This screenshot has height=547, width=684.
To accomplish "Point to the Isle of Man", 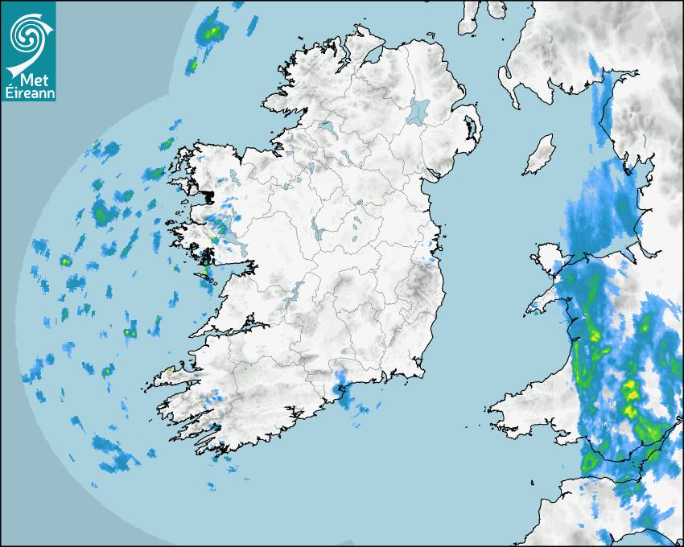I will click(x=540, y=154).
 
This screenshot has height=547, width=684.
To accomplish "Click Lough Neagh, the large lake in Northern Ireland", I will click(x=418, y=111).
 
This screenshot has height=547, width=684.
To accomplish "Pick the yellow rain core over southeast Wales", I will click(x=631, y=394).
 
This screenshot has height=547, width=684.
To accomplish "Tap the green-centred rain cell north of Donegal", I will click(x=212, y=31).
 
